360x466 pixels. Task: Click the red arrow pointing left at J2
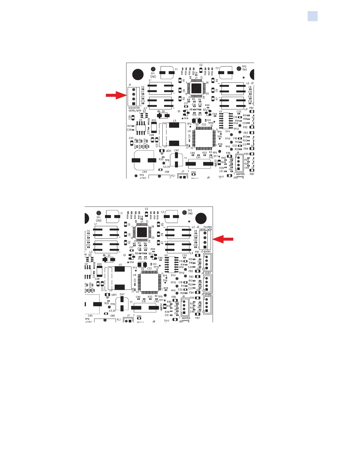click(223, 239)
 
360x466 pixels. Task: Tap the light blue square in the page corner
click(312, 16)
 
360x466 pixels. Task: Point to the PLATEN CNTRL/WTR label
click(207, 228)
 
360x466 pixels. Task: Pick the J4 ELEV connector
click(207, 284)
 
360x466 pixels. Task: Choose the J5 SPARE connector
click(207, 305)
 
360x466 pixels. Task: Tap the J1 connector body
click(134, 97)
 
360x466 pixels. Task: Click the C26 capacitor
click(133, 118)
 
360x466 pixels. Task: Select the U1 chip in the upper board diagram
click(196, 88)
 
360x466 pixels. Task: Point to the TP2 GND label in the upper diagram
click(244, 68)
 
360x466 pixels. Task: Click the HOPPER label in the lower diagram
click(186, 318)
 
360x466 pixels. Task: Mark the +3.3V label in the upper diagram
click(166, 167)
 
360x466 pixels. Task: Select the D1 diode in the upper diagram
click(161, 115)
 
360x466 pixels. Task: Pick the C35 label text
click(131, 138)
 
